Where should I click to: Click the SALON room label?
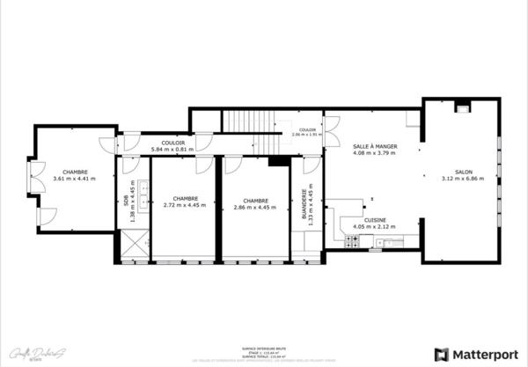point(463,172)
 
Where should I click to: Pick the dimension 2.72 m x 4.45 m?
point(185,205)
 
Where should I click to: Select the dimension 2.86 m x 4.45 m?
point(255,207)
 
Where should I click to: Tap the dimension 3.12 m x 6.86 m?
point(463,180)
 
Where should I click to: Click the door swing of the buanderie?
point(311,165)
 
